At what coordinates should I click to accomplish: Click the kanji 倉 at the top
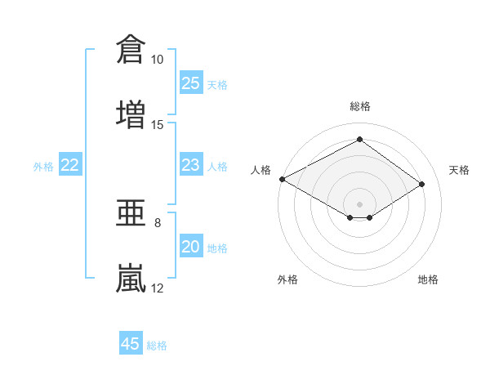coord(131,49)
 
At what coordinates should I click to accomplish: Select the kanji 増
coord(131,114)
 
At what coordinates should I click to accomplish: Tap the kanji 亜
coord(131,212)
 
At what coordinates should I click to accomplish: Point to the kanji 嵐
coord(131,278)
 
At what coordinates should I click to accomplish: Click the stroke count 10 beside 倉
coord(157,60)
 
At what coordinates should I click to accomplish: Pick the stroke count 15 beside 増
coord(157,125)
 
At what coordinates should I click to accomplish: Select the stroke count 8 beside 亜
coord(158,223)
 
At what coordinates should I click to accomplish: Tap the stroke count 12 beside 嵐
coord(157,288)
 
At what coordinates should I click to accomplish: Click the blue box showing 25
coord(191,83)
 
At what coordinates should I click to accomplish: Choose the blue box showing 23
coord(191,164)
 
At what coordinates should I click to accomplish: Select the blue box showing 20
coord(191,245)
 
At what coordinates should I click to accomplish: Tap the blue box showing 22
coord(70,164)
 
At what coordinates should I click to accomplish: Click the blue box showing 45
coord(131,342)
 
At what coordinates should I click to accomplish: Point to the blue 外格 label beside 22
coord(43,167)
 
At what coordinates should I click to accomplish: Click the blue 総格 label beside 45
coord(157,346)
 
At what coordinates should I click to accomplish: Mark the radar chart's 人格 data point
coord(283,179)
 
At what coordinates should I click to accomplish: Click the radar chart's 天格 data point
coord(421,184)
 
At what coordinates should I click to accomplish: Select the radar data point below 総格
coord(359,139)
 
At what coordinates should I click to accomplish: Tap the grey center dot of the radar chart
coord(359,204)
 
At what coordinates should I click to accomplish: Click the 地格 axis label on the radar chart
coord(428,279)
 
